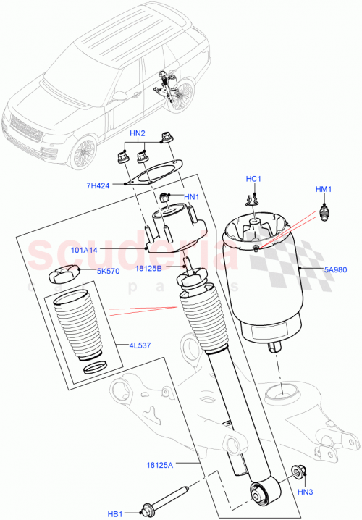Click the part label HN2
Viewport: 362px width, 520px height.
(138, 134)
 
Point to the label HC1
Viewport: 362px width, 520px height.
(253, 180)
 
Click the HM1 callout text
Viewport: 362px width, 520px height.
(322, 190)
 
